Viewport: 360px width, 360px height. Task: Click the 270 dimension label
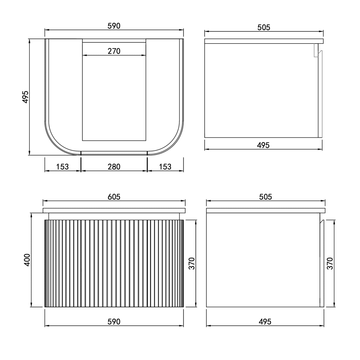114,51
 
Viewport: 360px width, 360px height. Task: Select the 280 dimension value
114,166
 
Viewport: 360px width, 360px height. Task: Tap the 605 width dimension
114,197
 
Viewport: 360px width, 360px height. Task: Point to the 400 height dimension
27,260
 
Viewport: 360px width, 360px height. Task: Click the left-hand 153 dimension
62,166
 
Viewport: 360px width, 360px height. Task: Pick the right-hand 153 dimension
165,166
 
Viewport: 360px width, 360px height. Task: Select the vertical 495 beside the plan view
25,97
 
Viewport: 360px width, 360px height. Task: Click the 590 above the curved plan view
114,26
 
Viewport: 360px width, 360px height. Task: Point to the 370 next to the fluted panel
192,263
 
